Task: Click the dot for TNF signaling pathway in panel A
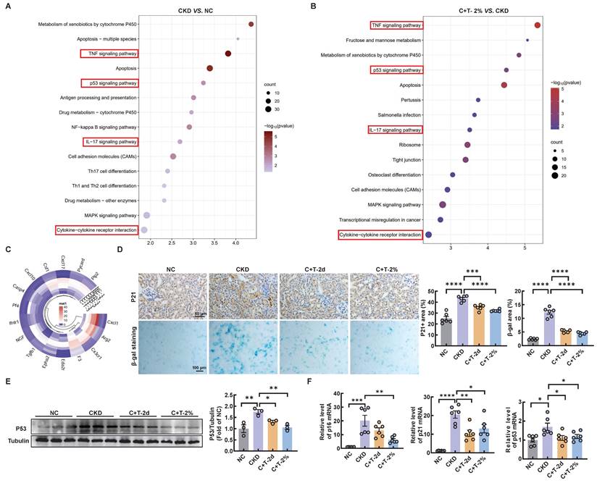click(x=228, y=54)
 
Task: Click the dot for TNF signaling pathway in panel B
click(x=538, y=25)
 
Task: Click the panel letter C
click(x=7, y=249)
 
